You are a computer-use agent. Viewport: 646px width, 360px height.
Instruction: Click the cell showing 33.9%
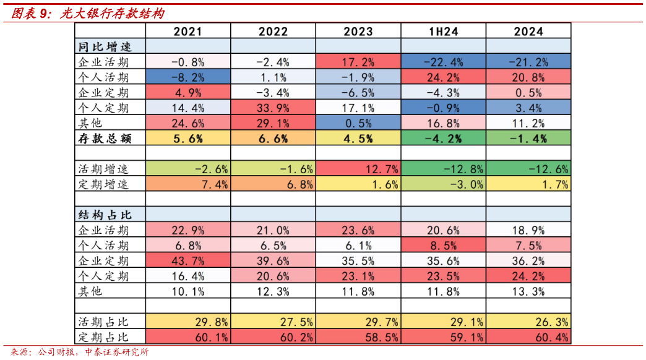tap(273, 107)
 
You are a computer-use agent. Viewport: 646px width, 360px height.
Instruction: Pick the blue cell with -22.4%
tap(443, 61)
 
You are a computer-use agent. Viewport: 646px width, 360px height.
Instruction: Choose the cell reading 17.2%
tap(358, 61)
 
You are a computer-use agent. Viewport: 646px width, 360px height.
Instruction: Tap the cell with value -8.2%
tap(188, 77)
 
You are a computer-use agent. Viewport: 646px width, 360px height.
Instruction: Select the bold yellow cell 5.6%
tap(188, 139)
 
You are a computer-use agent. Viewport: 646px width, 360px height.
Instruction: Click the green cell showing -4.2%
tap(443, 139)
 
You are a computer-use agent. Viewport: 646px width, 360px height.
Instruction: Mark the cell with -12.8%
tap(443, 168)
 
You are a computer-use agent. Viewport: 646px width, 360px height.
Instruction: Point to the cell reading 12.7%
tap(358, 168)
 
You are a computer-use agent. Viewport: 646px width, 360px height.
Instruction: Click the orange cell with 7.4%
tap(188, 184)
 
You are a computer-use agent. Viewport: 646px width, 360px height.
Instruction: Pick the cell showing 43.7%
tap(188, 260)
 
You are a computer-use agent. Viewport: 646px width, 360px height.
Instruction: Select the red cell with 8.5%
tap(443, 246)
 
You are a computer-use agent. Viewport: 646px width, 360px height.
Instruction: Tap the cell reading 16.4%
tap(188, 276)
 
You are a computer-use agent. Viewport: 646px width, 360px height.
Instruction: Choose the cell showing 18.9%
tap(528, 230)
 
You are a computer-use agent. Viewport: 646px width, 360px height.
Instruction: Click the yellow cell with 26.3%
tap(528, 322)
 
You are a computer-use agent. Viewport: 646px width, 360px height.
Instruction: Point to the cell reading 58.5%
tap(358, 337)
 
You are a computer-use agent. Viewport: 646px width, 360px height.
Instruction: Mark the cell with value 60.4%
tap(528, 337)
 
